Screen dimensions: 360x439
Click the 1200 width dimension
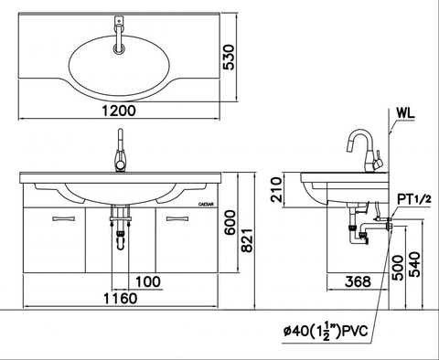pos(119,111)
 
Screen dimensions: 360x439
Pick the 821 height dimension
pos(258,237)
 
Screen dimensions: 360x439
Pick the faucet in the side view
pos(363,151)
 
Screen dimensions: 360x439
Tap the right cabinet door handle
pos(177,218)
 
